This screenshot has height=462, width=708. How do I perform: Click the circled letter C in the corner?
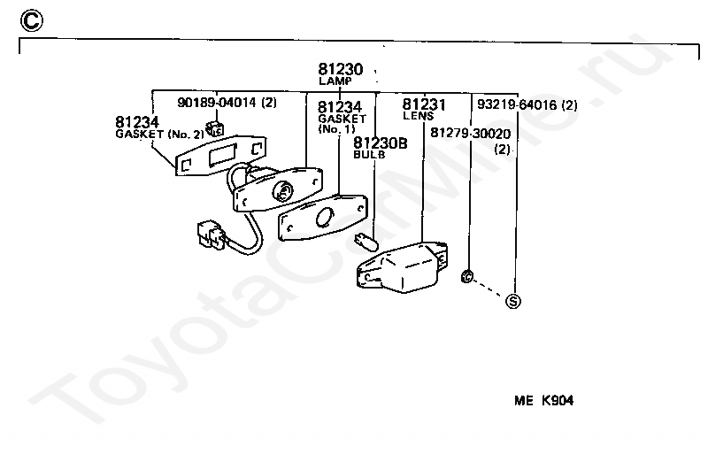click(x=32, y=20)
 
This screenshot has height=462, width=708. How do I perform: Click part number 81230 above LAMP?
click(x=341, y=69)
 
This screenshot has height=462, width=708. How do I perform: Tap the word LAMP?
click(x=335, y=81)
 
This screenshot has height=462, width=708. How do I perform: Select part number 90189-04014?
click(x=217, y=103)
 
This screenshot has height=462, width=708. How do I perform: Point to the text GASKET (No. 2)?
click(x=160, y=135)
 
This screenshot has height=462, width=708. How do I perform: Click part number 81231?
click(x=424, y=104)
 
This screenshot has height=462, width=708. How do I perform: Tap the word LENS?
click(x=418, y=116)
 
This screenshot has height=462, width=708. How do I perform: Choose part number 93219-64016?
click(x=517, y=104)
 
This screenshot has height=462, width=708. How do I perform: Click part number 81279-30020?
click(x=471, y=134)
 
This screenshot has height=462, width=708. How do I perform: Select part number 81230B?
click(x=381, y=143)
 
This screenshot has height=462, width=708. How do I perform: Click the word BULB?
click(x=369, y=155)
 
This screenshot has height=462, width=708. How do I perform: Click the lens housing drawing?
click(x=401, y=267)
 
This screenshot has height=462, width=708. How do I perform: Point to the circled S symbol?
click(x=513, y=301)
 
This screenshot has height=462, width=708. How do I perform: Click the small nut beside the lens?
click(x=467, y=276)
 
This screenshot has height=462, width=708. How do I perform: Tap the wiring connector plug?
click(x=211, y=235)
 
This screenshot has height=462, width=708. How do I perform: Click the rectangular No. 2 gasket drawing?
click(x=220, y=156)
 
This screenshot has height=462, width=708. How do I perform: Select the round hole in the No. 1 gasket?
click(x=324, y=217)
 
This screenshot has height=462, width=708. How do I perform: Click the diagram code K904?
click(x=558, y=401)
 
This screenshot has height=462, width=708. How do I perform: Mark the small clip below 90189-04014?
click(x=214, y=128)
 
